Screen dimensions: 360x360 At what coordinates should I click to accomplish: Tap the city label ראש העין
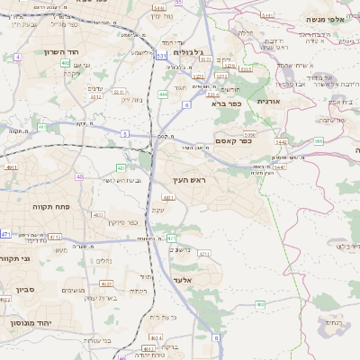click(188, 181)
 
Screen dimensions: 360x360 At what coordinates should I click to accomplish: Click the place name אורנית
click(269, 102)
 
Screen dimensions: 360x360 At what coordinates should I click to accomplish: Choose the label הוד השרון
click(38, 52)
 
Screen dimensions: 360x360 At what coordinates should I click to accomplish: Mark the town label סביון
click(25, 290)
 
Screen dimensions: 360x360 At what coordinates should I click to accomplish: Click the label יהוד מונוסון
click(29, 321)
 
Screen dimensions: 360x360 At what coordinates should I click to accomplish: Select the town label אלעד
click(181, 281)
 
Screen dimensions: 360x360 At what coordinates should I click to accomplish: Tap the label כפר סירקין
click(121, 221)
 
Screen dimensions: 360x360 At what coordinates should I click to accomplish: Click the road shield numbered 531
click(161, 57)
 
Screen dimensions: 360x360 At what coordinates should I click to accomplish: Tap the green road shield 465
click(260, 305)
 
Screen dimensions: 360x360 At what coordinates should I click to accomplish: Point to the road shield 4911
click(12, 167)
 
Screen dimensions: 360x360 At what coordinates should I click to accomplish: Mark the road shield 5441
click(281, 167)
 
